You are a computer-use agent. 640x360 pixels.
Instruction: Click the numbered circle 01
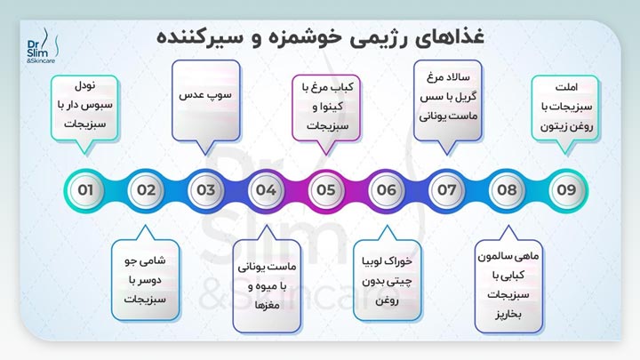tap(85, 189)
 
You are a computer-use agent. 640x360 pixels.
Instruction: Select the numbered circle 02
tap(146, 189)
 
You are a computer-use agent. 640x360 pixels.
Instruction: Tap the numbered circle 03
tap(206, 189)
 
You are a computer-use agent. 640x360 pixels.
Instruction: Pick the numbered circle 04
tap(266, 189)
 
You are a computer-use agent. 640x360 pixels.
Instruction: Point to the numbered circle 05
tap(326, 189)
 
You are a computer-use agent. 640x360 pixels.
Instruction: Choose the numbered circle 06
tap(386, 189)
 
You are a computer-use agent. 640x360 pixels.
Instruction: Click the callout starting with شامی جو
tap(146, 275)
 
